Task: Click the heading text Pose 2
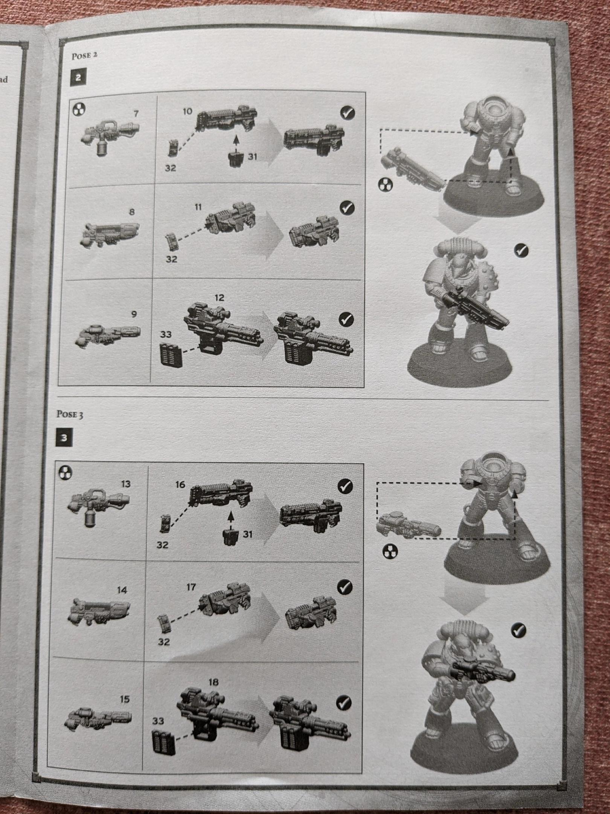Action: tap(84, 56)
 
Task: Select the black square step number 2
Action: tap(78, 78)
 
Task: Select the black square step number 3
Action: tap(64, 438)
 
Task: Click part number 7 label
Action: tap(136, 113)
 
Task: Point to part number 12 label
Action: tap(219, 298)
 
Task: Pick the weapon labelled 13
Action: tap(99, 507)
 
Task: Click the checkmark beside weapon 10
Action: tap(347, 113)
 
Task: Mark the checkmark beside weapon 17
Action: tap(344, 587)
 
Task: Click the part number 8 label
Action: tap(131, 212)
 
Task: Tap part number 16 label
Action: tap(180, 484)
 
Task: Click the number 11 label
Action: tap(198, 207)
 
